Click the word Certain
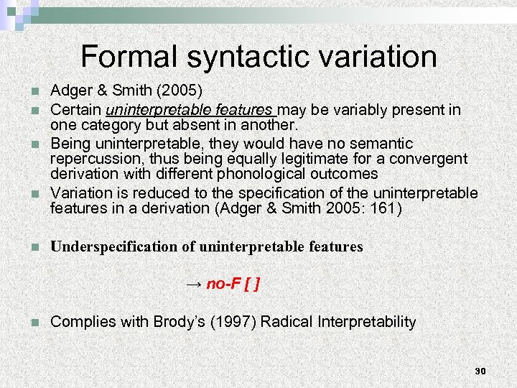tap(76, 111)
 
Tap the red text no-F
tap(222, 285)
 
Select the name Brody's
tap(179, 322)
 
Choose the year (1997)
tap(233, 322)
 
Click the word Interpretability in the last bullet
tap(365, 322)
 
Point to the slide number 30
tap(480, 371)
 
